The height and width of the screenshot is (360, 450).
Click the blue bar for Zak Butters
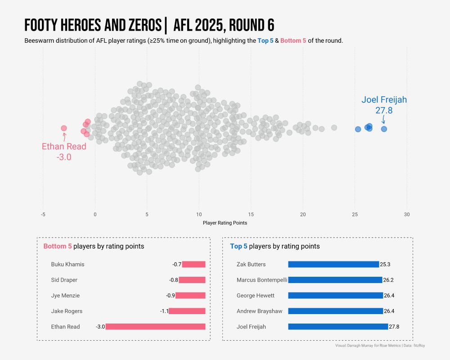point(333,264)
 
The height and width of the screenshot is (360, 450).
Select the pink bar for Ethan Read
point(155,327)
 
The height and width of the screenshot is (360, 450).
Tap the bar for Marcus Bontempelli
point(335,280)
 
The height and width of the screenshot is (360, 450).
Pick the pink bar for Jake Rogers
point(187,311)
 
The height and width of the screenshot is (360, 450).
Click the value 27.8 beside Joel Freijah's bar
point(394,327)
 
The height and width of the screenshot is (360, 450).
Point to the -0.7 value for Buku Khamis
point(177,264)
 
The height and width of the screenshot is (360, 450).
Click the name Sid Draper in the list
point(64,280)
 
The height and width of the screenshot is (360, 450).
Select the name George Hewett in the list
point(256,296)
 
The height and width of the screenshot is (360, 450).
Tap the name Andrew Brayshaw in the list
point(260,311)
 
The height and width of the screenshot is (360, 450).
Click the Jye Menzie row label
point(65,296)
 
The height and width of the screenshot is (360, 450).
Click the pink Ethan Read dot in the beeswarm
point(64,128)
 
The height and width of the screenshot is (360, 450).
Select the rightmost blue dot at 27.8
point(384,129)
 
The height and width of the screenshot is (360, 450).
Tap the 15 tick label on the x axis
point(251,214)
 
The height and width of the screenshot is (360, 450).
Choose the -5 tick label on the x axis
point(43,214)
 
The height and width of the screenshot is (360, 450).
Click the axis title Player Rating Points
point(225,223)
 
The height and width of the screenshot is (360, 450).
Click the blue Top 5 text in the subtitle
point(265,40)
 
